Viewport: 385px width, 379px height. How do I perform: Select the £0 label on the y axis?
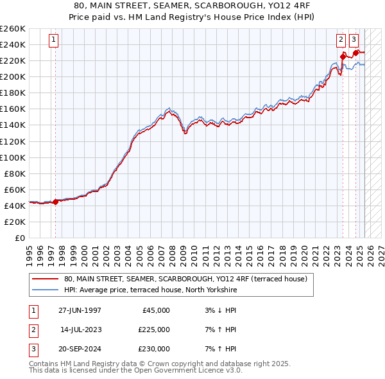point(19,238)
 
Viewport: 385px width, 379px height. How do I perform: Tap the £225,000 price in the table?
point(154,330)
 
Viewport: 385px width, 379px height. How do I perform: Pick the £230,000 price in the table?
point(154,349)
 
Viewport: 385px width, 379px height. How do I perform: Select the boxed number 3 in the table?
point(32,349)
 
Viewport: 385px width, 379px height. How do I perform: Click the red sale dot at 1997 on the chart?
point(55,202)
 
